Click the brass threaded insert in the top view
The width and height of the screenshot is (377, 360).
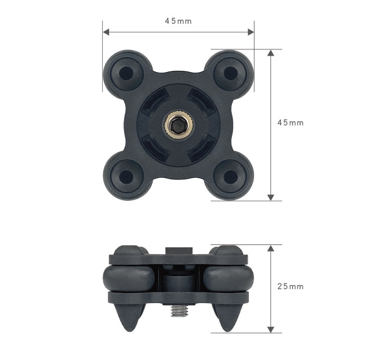click(x=178, y=125)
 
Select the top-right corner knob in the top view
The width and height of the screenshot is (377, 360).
click(x=230, y=73)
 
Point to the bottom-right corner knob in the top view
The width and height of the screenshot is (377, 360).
click(x=230, y=177)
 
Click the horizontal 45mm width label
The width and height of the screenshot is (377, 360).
click(x=178, y=21)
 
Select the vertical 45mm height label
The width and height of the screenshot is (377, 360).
click(x=290, y=123)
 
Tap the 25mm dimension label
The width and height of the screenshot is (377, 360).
click(x=290, y=287)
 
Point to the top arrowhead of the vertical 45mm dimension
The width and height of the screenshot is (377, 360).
click(x=270, y=53)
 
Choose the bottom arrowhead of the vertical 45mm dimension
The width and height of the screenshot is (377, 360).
click(x=270, y=197)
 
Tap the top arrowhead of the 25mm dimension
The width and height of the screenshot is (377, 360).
click(x=270, y=248)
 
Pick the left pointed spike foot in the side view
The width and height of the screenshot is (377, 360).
click(x=129, y=317)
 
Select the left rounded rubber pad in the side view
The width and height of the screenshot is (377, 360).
click(x=129, y=278)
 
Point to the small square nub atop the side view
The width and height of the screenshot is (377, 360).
click(x=178, y=250)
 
